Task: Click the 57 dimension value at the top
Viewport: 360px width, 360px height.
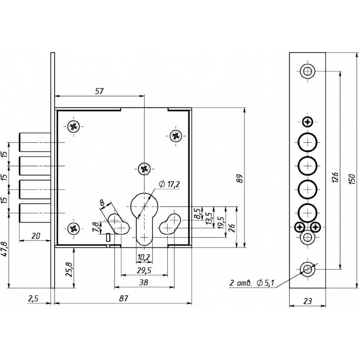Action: tap(99, 91)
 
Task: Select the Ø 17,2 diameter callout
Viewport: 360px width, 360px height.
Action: tap(168, 184)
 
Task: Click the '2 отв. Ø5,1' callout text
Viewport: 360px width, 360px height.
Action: tap(252, 283)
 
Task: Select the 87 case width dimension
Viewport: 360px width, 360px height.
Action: tap(123, 298)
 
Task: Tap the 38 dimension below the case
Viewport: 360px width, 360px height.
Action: tap(144, 283)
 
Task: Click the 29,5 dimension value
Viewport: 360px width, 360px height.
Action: tap(144, 270)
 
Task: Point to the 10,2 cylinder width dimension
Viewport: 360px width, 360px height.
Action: tap(144, 257)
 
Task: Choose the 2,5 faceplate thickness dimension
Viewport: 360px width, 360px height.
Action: tap(33, 298)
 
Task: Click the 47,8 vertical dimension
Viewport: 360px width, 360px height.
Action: tap(4, 248)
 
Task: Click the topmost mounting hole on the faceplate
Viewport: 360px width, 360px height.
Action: tap(307, 71)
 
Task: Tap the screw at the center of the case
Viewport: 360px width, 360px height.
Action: tap(144, 168)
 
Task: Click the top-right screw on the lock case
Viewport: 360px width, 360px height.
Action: tap(175, 136)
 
